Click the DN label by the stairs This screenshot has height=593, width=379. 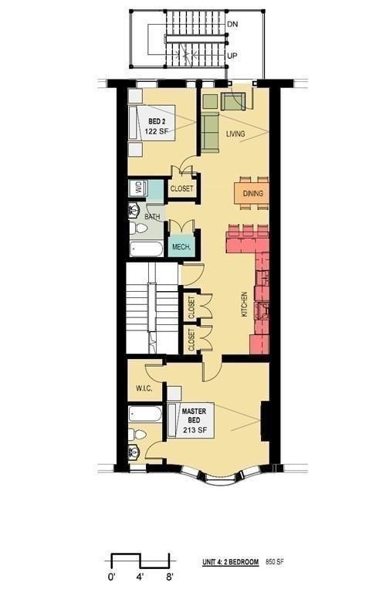coord(232,24)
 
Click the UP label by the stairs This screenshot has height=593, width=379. coord(232,56)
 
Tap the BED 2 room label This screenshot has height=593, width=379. coord(157,121)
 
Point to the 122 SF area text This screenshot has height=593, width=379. coord(157,131)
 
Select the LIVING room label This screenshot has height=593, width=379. coord(235,134)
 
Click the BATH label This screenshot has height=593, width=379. coord(152,217)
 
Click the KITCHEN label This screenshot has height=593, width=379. coord(245,304)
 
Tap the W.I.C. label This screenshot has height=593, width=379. coord(144,388)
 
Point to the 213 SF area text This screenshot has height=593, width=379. coord(195,430)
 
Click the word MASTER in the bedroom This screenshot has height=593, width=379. coord(194,411)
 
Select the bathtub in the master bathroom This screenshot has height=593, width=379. coord(145,414)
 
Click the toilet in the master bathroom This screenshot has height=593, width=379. coord(137,434)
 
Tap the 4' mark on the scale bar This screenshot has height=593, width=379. coord(140,577)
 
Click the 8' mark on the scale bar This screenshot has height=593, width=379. coord(170,577)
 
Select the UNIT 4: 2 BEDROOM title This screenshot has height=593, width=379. coord(230,561)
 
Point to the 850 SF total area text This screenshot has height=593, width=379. coord(275,561)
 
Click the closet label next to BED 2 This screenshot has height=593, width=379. coord(181,188)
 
